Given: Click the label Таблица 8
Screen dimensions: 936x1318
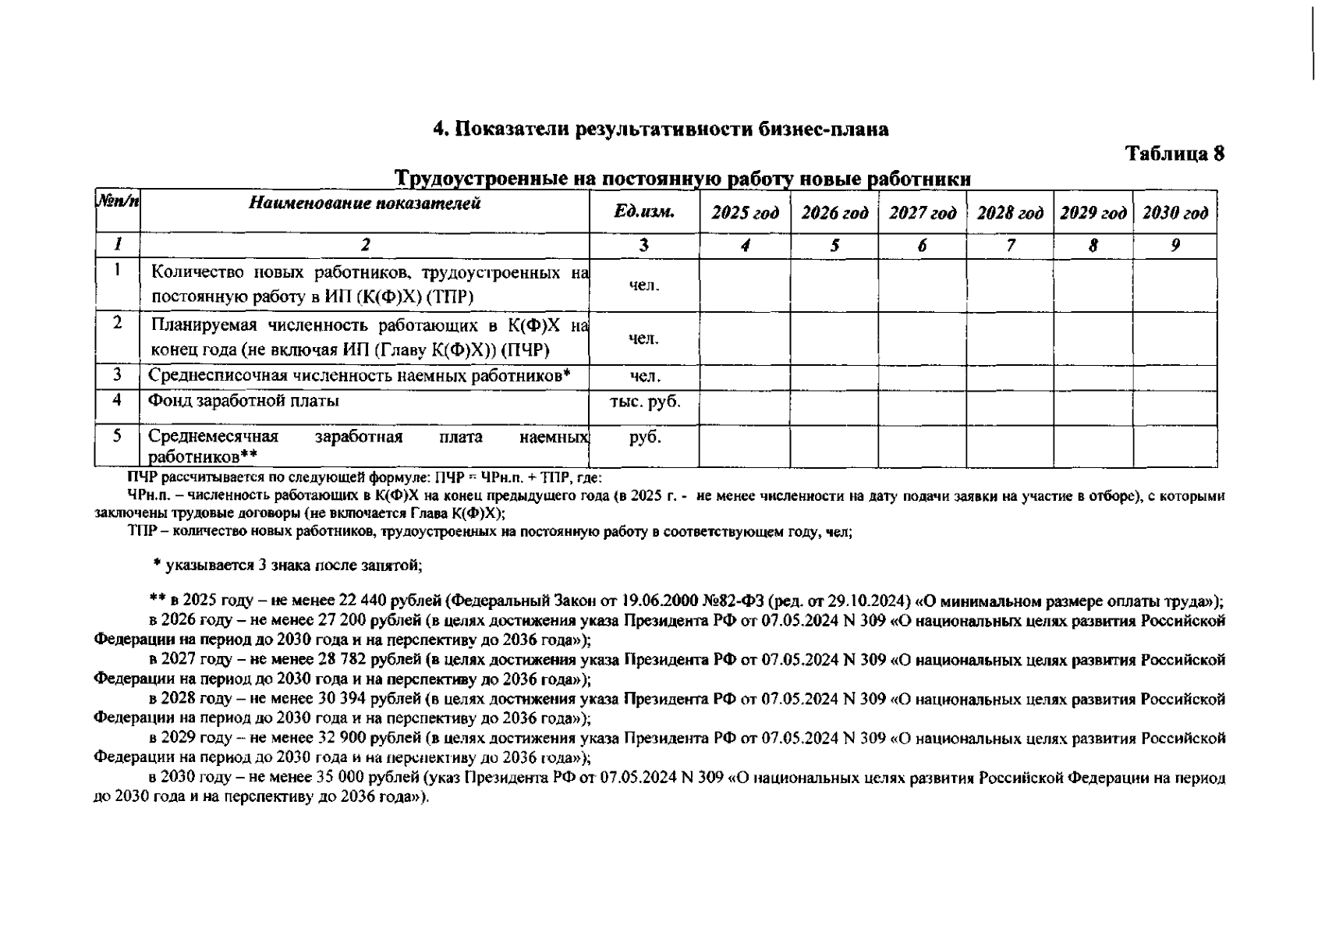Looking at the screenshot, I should tap(1175, 154).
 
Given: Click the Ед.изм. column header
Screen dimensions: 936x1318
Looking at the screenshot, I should tap(644, 212).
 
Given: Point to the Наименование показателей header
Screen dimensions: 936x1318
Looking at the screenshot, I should tap(365, 204).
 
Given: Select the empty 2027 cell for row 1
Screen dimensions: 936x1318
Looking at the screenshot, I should tap(922, 285).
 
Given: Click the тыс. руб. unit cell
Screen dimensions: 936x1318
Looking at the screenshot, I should tap(644, 402).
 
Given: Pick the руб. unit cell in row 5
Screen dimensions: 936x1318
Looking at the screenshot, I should tap(644, 438).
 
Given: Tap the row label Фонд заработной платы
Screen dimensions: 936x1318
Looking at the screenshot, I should tap(244, 402).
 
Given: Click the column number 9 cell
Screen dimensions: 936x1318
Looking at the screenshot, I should tap(1175, 246).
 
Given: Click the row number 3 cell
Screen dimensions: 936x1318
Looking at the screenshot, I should tap(117, 376).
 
